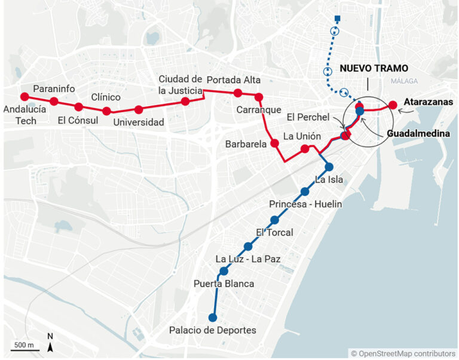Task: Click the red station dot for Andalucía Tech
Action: point(25,97)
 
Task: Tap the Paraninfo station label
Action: point(54,89)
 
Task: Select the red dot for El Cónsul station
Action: point(78,107)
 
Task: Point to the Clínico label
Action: point(106,97)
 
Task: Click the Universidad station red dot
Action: point(139,110)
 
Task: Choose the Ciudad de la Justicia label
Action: point(180,85)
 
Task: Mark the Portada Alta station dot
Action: point(238,93)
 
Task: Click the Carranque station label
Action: point(258,110)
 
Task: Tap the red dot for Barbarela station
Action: point(275,143)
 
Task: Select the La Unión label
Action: point(298,136)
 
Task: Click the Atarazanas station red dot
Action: point(393,106)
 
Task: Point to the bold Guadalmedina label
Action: point(418,134)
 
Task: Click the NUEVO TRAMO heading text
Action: point(374,68)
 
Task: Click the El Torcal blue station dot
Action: point(274,220)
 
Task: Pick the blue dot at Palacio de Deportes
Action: point(212,318)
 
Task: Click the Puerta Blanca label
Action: point(224,284)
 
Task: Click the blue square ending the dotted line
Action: point(338,18)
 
